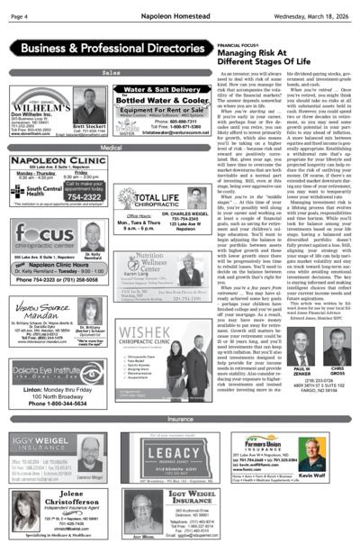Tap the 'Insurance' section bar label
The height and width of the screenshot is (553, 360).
tap(180, 420)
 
